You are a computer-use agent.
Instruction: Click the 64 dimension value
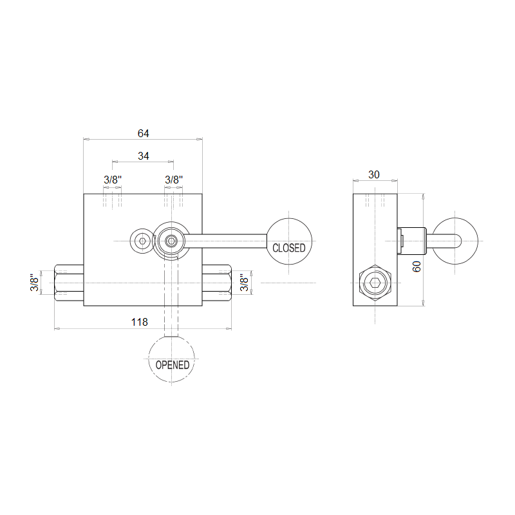click(143, 133)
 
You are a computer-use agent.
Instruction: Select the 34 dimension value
click(143, 156)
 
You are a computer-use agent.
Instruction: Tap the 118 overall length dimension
click(140, 322)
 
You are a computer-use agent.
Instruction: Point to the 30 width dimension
click(374, 174)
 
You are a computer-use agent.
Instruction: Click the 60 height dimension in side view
click(417, 267)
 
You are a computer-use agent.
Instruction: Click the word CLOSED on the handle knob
click(289, 248)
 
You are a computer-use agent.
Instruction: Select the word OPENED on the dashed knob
click(173, 365)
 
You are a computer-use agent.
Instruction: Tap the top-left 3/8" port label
click(113, 180)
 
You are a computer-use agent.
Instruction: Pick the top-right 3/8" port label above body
click(174, 180)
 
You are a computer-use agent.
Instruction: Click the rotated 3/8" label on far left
click(35, 283)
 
